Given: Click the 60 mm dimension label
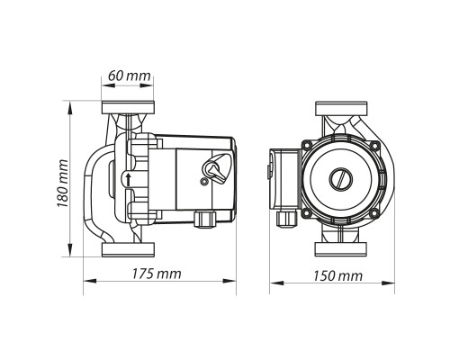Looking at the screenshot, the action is (130, 76).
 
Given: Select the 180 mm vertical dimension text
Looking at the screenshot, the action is (63, 184).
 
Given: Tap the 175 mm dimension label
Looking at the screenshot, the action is (157, 274).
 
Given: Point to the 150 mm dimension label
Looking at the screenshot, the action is (337, 275).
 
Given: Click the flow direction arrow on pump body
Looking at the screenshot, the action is (129, 180).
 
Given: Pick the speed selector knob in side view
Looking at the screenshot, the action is (215, 168).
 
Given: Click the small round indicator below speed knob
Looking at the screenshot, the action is (204, 182).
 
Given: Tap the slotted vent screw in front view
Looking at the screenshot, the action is (341, 179).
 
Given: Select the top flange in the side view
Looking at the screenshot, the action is (128, 108).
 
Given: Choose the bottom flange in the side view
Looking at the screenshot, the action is (128, 249).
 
